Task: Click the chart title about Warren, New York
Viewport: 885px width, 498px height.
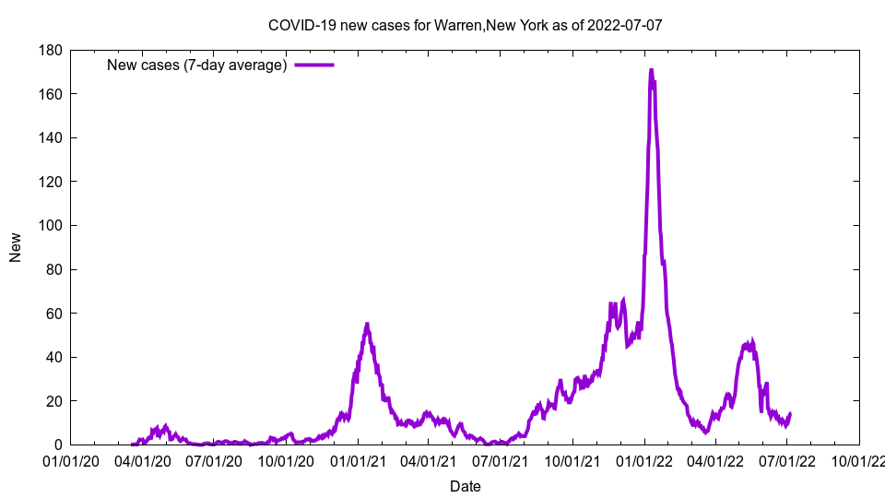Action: (x=465, y=25)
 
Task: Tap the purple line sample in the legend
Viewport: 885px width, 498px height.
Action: (x=313, y=65)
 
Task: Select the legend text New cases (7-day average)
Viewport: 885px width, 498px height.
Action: (x=196, y=65)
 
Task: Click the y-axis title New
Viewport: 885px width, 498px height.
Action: (x=16, y=247)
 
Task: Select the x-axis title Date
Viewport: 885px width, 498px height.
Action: (x=465, y=486)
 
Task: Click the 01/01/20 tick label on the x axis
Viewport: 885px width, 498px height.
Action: (x=71, y=461)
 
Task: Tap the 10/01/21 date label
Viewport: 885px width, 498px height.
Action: (x=572, y=461)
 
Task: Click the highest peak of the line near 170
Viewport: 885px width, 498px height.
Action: (x=651, y=70)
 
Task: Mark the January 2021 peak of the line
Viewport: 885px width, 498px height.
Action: (x=367, y=325)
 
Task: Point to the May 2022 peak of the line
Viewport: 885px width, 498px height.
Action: (x=751, y=342)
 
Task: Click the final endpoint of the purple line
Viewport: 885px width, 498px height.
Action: (x=790, y=414)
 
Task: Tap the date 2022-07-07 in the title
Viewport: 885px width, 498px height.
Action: (x=624, y=25)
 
